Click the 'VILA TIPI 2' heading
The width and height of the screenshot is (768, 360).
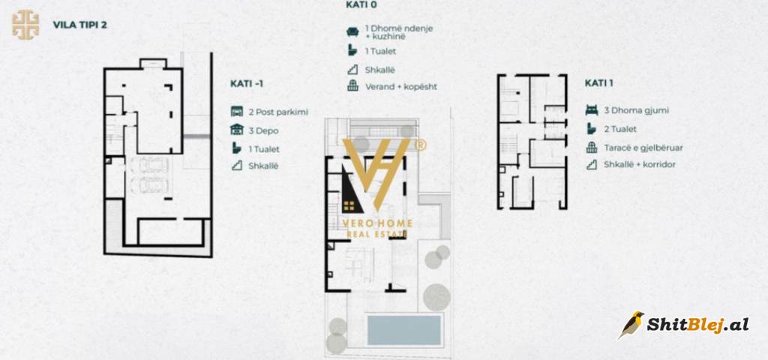[79, 25]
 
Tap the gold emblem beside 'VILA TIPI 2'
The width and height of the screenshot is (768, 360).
[25, 25]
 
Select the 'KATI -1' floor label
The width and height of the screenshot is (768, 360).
[247, 84]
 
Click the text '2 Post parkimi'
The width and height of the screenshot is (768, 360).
[278, 112]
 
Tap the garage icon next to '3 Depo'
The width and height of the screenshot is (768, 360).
[237, 130]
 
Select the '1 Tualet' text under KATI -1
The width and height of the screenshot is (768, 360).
[264, 149]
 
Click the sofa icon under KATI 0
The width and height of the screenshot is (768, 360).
[352, 31]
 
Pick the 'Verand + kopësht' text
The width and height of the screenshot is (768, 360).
[401, 87]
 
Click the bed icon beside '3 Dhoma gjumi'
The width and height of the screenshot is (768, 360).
[592, 110]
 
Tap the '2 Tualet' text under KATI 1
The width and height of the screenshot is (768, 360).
[620, 129]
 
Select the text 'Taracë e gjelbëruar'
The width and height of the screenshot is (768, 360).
[643, 148]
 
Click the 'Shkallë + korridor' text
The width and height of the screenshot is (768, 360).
[640, 164]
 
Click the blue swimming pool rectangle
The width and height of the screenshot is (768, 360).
[404, 330]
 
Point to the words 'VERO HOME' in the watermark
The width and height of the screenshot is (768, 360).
[377, 223]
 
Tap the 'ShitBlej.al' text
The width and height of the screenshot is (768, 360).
[697, 325]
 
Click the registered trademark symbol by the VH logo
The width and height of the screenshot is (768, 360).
[420, 145]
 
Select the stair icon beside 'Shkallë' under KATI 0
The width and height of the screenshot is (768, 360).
[352, 70]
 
